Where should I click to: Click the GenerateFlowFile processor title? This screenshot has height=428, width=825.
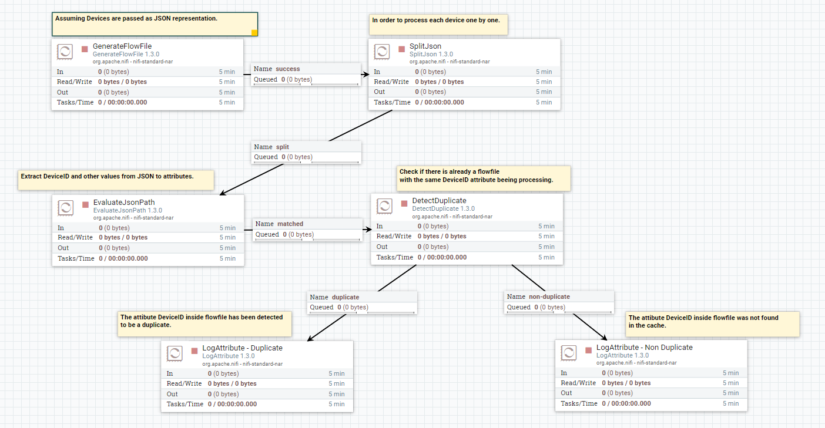122,46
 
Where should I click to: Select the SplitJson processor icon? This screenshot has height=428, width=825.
382,52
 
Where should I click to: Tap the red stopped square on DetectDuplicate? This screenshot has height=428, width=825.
404,203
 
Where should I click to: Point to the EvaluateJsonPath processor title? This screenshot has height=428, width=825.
124,203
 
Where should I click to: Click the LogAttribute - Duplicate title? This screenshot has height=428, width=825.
242,348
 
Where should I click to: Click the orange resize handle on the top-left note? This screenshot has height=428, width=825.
254,33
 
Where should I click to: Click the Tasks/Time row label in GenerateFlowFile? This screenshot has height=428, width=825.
75,102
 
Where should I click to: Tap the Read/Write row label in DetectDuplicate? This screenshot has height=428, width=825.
394,236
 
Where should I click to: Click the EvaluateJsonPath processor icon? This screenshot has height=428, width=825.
66,208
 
